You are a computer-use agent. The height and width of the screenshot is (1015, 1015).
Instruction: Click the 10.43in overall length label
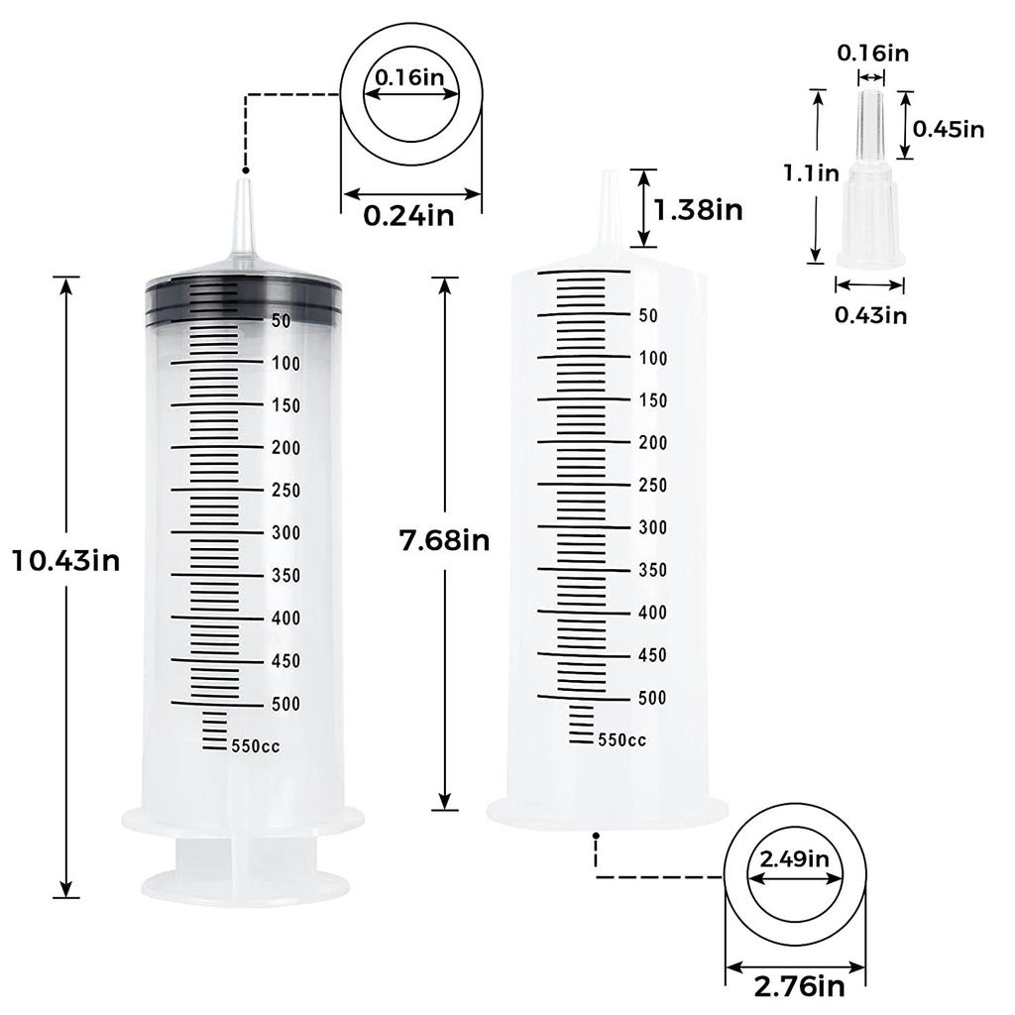(x=66, y=561)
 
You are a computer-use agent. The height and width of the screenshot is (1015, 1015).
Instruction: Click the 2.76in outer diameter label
(x=799, y=985)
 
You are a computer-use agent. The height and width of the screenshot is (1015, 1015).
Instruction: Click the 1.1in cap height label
(x=811, y=173)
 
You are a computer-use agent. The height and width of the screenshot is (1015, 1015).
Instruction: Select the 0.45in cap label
(x=948, y=128)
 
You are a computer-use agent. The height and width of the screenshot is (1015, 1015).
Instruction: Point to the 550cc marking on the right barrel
(x=621, y=739)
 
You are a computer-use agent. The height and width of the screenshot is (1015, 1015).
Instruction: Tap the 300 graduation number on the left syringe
(x=285, y=533)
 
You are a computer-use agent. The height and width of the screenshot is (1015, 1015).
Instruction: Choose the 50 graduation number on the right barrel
(x=649, y=316)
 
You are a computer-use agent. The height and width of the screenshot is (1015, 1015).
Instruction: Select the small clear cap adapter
(x=869, y=208)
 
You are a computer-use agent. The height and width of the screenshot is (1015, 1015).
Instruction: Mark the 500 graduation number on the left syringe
(x=285, y=704)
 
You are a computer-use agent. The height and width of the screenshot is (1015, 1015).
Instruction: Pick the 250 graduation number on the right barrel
(x=652, y=485)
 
